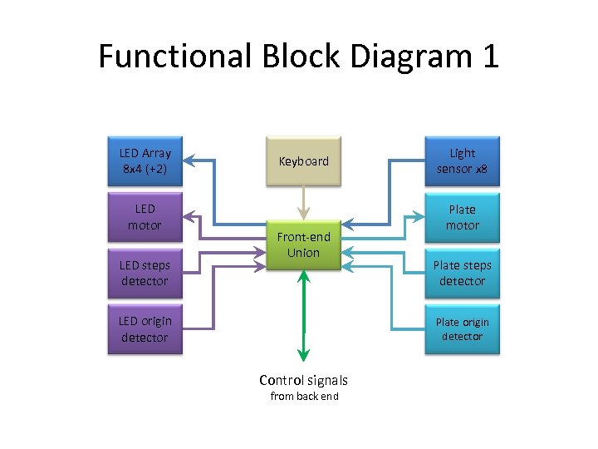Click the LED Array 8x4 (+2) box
(145, 160)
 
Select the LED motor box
(145, 217)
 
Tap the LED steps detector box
(145, 273)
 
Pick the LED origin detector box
(145, 329)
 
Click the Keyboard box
(303, 161)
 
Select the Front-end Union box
(303, 244)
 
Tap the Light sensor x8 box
(462, 160)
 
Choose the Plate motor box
(462, 217)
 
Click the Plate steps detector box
(462, 273)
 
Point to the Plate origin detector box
(462, 329)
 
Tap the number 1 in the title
(489, 57)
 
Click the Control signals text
(303, 380)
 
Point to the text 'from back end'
(304, 397)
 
